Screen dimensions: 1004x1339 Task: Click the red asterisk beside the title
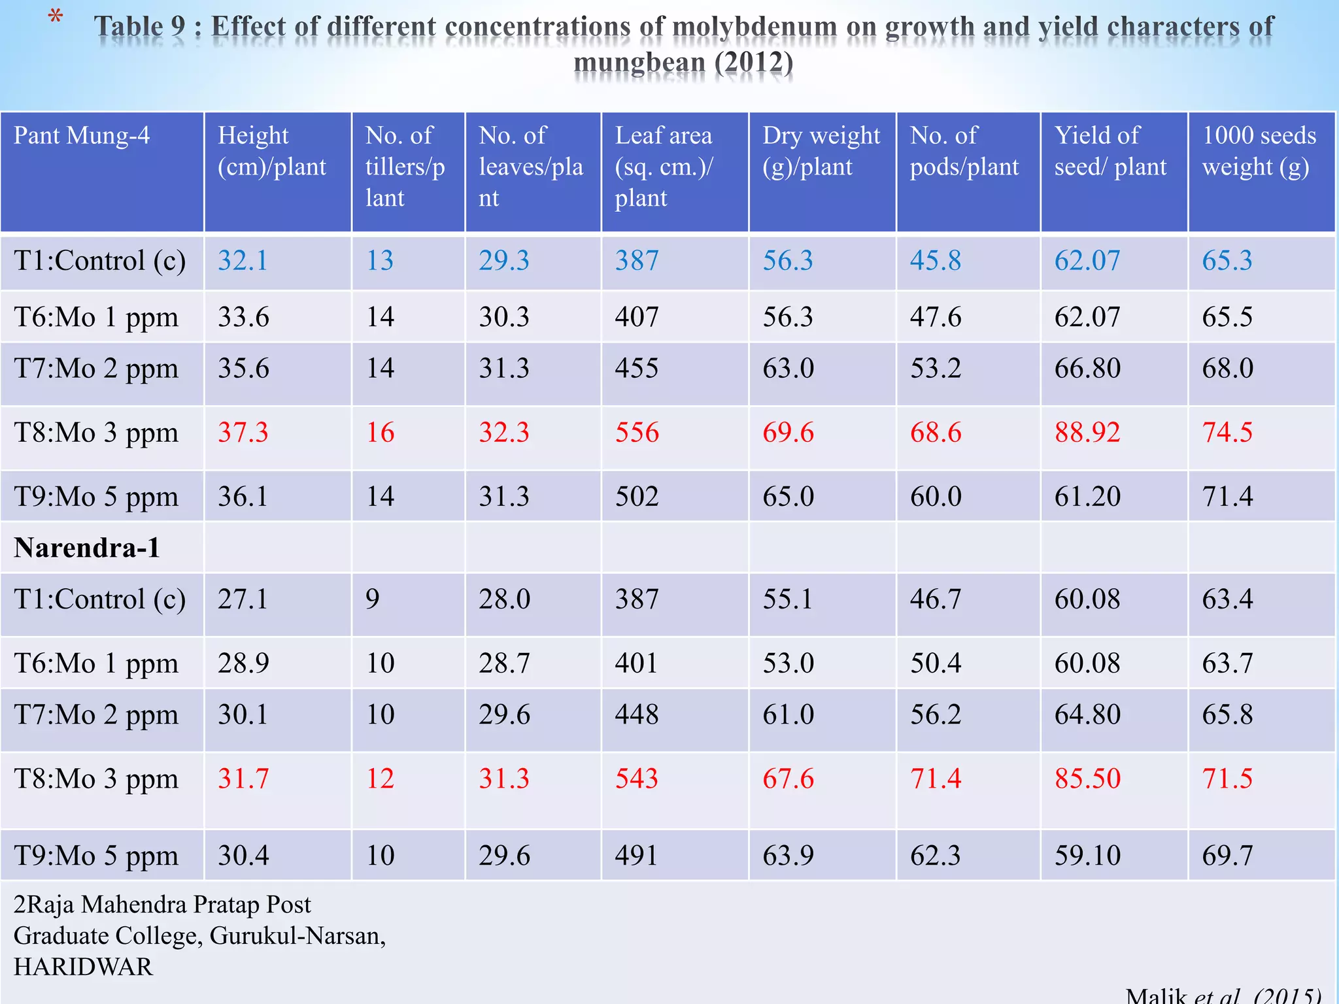tap(56, 18)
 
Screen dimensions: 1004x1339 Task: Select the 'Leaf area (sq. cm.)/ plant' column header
tap(664, 166)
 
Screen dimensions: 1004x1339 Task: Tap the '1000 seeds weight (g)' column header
tap(1259, 151)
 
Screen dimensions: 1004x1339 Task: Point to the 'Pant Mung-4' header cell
tap(82, 135)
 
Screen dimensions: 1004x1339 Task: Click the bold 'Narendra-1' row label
tap(87, 548)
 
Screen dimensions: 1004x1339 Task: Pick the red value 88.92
tap(1087, 433)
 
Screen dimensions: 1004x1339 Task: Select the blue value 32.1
tap(243, 261)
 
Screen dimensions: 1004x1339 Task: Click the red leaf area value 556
tap(637, 433)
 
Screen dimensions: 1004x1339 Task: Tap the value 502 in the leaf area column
tap(637, 497)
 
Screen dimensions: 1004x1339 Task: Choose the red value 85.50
tap(1087, 778)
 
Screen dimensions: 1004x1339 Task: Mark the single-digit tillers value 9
tap(372, 599)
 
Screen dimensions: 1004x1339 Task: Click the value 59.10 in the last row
tap(1087, 856)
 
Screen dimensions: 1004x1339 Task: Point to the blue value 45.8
tap(936, 261)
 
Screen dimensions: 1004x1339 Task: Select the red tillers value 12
tap(380, 778)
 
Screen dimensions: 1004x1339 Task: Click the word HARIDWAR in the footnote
tap(84, 967)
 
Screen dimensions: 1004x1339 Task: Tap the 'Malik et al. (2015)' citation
tap(1223, 995)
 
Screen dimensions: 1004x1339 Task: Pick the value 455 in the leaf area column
tap(637, 369)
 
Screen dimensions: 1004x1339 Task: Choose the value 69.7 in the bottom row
tap(1227, 856)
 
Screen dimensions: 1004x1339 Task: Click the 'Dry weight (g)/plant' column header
tap(821, 151)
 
